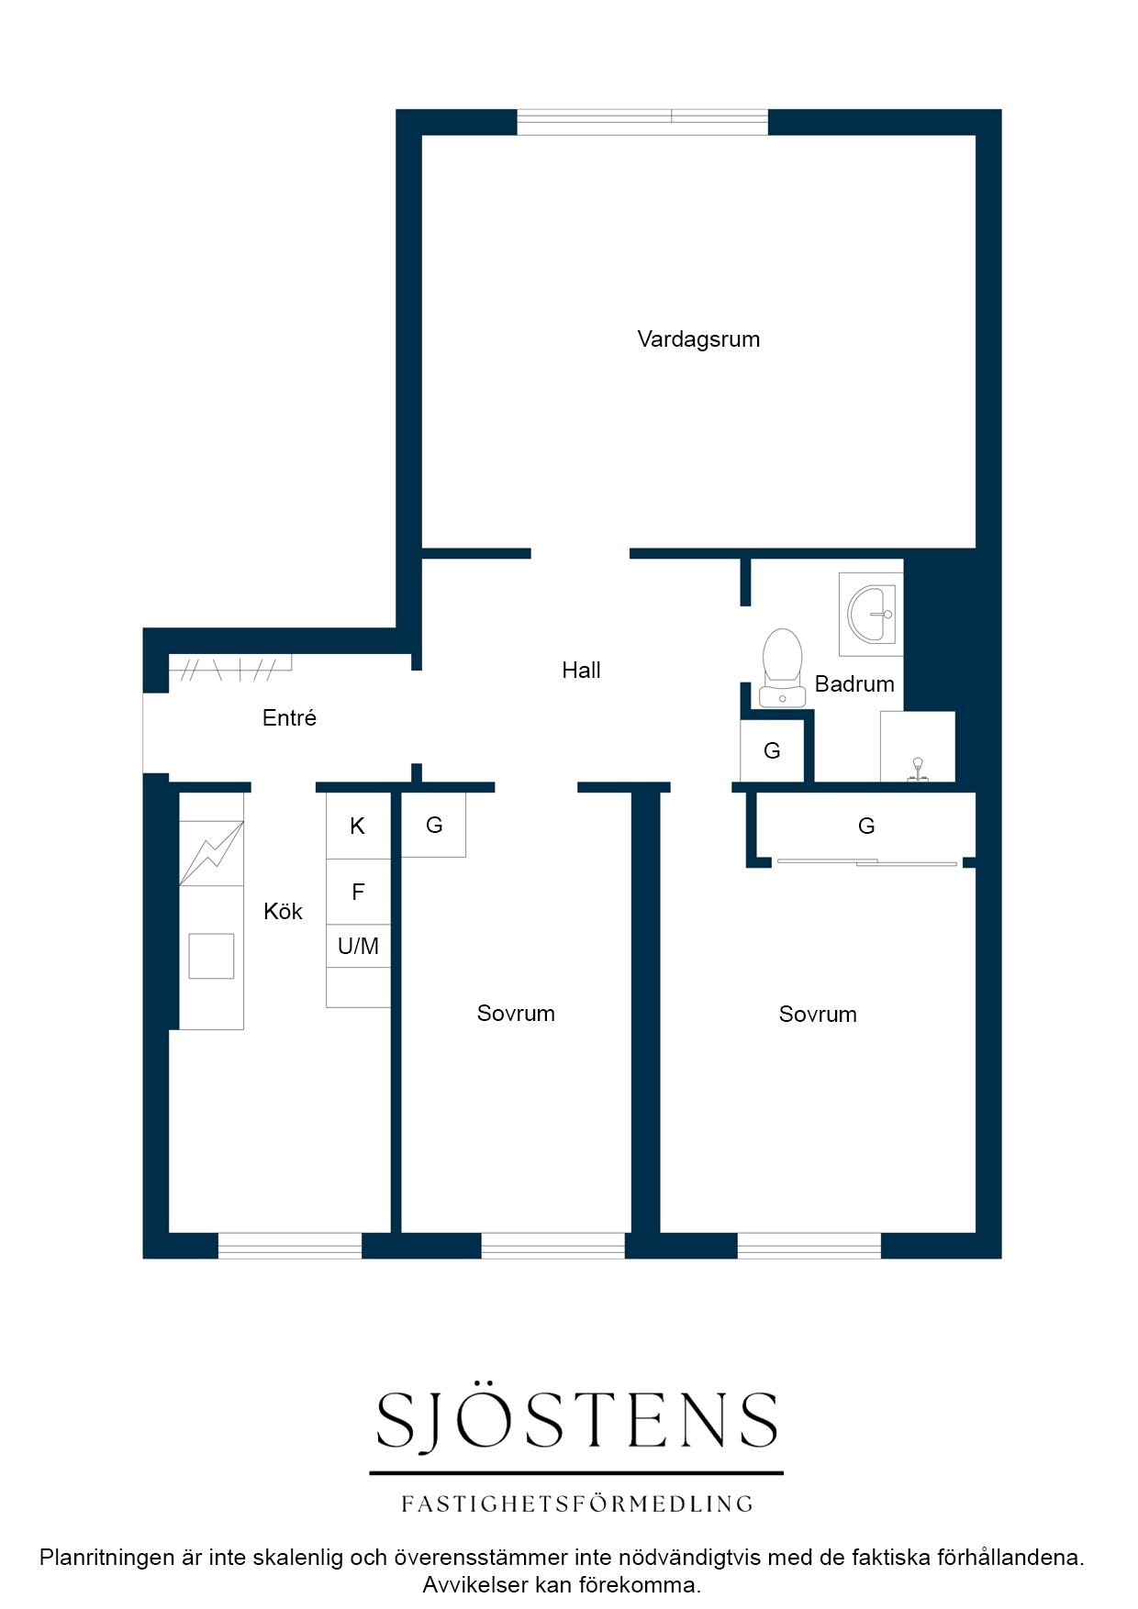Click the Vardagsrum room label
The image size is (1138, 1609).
coord(698,339)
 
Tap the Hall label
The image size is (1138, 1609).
coord(581,671)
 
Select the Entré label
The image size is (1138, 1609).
coord(289,717)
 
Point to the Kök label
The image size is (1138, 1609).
coord(283,911)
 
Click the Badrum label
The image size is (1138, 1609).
coord(854,683)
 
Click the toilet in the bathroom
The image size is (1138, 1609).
coord(782,668)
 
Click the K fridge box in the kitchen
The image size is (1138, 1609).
coord(358,826)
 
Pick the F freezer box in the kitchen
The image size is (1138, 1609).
coord(358,892)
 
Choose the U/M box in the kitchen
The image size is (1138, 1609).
coord(358,946)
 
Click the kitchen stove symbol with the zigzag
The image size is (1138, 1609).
coord(211,853)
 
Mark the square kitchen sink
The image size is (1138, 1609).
coord(211,956)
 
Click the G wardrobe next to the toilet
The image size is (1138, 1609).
coord(772,750)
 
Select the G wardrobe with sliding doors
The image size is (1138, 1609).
coord(865,827)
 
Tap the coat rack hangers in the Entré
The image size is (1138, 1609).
coord(230,668)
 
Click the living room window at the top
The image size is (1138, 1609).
coord(642,122)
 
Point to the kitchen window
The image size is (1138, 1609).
coord(290,1246)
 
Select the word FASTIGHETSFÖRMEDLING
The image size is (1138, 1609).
coord(577,1504)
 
